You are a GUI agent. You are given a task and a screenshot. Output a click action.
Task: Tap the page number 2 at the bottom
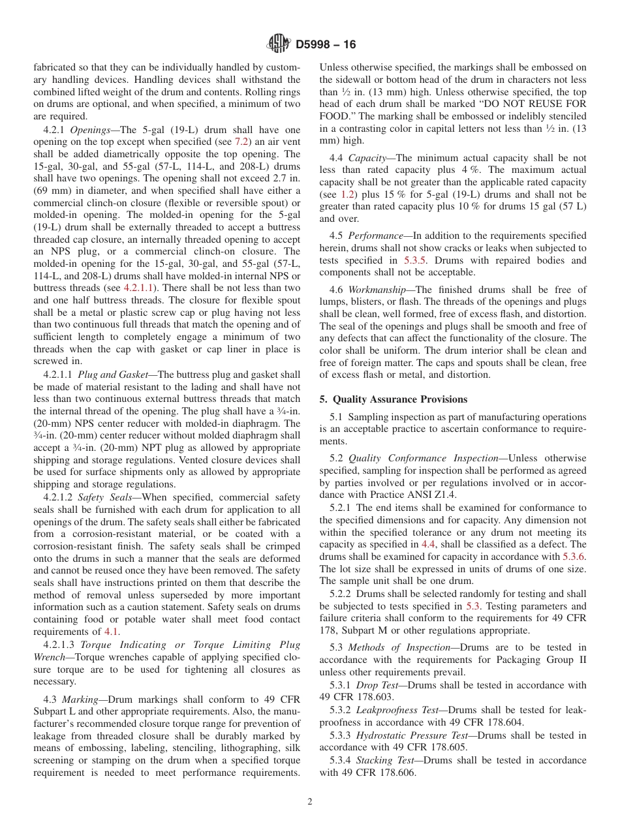(x=310, y=802)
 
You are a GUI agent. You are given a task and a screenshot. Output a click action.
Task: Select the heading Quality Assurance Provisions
(x=400, y=399)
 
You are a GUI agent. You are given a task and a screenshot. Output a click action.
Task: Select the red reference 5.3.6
(x=574, y=557)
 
